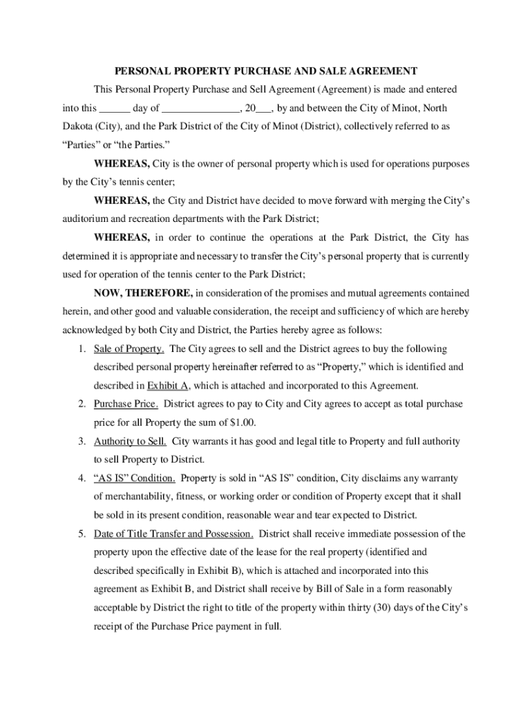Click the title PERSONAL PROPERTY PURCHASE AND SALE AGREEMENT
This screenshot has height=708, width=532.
(x=265, y=71)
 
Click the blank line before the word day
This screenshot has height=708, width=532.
(x=115, y=109)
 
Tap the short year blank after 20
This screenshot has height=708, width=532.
(x=263, y=109)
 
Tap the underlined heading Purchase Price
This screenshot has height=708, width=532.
(x=126, y=404)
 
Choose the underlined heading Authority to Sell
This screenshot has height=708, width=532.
(x=130, y=441)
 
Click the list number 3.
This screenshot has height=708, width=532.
(x=81, y=441)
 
